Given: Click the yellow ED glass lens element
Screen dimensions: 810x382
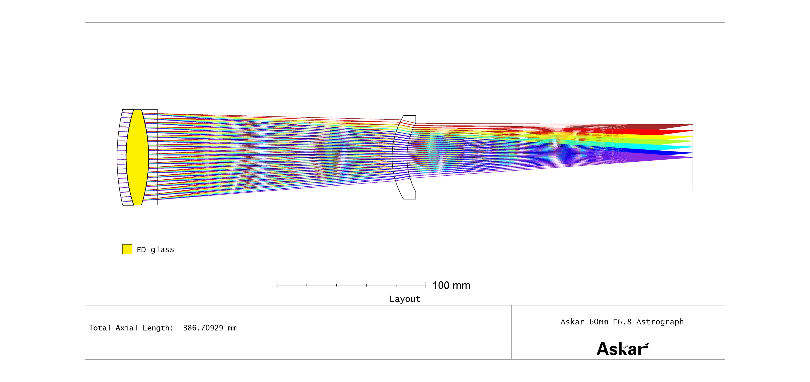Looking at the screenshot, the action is [137, 157].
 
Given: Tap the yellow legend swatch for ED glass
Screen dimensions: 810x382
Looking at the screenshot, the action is [127, 249].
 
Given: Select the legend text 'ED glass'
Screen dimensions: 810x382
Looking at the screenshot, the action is [155, 249].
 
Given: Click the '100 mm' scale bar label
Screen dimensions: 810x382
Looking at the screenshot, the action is [451, 285].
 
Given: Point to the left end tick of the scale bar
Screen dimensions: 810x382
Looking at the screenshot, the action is [277, 285].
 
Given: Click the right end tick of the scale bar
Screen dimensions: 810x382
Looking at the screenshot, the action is [426, 285].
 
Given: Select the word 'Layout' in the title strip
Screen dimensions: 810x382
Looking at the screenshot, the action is [405, 299].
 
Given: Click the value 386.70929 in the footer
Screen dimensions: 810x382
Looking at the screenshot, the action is [203, 328].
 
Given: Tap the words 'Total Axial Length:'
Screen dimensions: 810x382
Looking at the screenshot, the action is [131, 328].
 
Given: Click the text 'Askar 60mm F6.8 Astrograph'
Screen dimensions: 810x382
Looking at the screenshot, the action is [622, 322].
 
